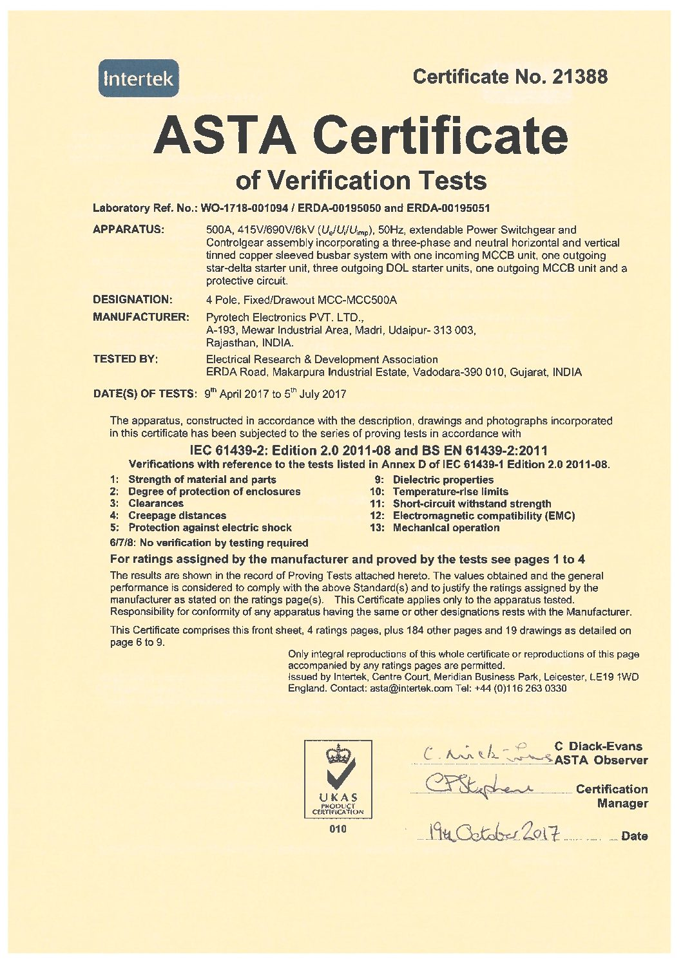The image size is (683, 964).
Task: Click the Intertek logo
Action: click(139, 79)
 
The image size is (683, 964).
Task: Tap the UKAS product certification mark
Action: click(338, 779)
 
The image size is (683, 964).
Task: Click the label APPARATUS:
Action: click(128, 230)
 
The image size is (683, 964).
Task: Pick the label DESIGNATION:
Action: click(133, 299)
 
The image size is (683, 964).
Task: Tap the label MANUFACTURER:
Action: click(141, 317)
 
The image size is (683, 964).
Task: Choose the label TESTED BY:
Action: click(125, 359)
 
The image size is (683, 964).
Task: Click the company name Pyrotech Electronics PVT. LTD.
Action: click(285, 317)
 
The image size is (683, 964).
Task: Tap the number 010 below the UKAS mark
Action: click(338, 829)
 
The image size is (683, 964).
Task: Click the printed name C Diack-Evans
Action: click(598, 747)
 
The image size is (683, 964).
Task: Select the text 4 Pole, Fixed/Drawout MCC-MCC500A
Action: click(301, 299)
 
